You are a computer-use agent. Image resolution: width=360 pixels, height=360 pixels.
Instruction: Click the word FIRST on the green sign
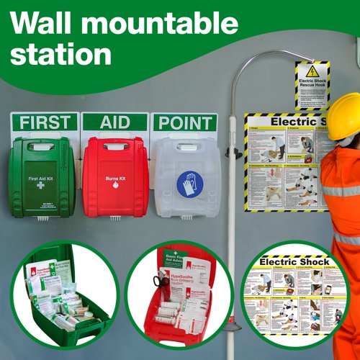pos(44,122)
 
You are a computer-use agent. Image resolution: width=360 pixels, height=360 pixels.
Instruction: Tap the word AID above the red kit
pos(115,122)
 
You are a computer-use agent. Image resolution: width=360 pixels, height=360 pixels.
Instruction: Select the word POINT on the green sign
pos(184,122)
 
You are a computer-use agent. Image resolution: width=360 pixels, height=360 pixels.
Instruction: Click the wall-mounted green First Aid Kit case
pos(42,176)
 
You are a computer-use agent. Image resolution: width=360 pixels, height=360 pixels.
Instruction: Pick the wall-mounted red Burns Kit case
pos(115,176)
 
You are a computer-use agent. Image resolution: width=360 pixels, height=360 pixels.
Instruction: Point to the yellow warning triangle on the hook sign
pos(312,71)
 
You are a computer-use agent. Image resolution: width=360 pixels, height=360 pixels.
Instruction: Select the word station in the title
pos(60,54)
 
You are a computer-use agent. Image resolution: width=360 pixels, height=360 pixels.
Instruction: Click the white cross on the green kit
pos(40,185)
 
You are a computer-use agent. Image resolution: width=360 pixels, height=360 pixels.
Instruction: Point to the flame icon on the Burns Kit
pos(115,185)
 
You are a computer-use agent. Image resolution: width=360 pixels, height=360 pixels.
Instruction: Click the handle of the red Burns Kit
pos(115,146)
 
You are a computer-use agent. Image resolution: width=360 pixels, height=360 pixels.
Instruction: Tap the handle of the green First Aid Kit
pos(42,146)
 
